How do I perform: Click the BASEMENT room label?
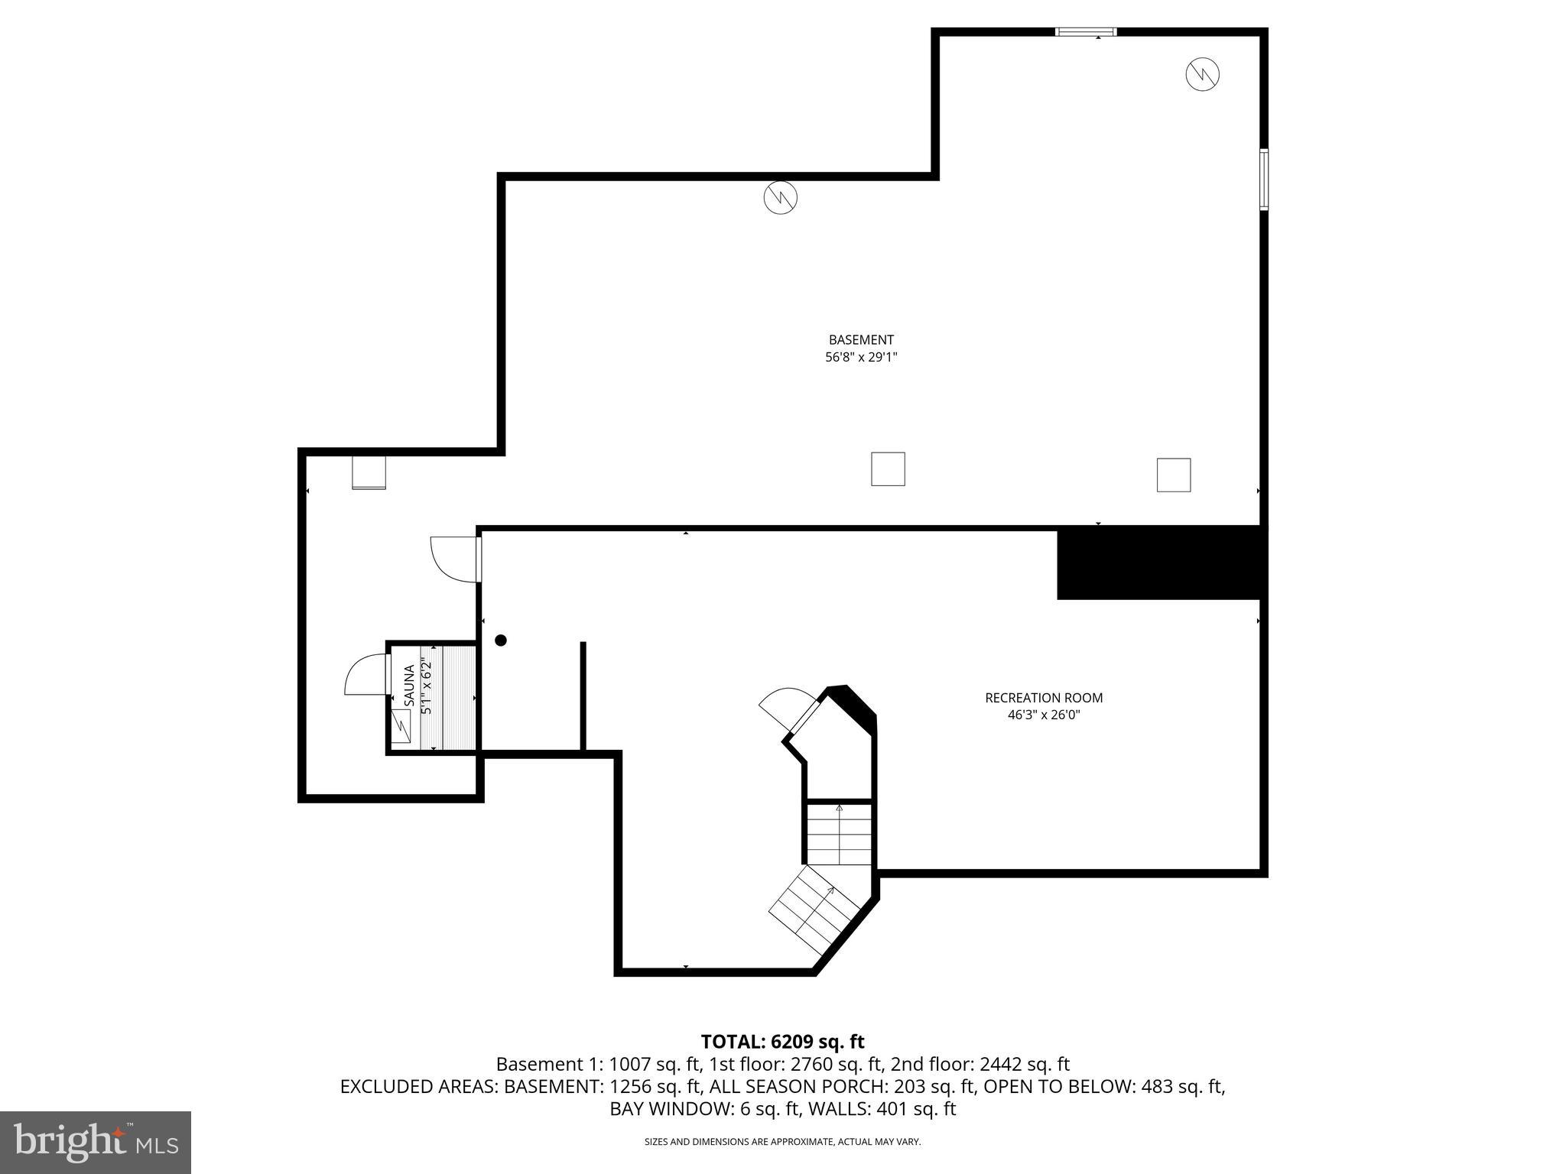coord(860,339)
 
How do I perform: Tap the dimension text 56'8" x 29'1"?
coord(860,357)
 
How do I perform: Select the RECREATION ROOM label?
coord(1043,698)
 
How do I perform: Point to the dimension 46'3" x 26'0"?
coord(1043,715)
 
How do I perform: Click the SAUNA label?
coord(409,686)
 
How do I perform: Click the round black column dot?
coord(501,641)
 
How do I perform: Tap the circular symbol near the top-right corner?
coord(1202,74)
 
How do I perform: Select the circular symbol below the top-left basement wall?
coord(780,198)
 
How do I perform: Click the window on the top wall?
coord(1085,32)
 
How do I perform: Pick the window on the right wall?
coord(1263,180)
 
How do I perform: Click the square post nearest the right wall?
coord(1173,475)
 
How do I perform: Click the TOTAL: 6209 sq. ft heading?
coord(782,1042)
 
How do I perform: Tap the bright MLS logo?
coord(96,1142)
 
